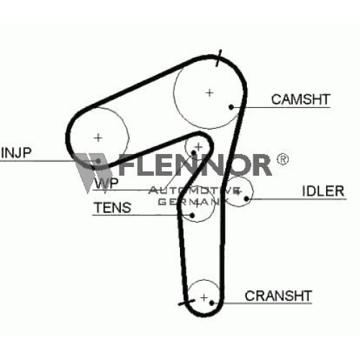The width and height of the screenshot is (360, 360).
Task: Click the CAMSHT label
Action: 300,99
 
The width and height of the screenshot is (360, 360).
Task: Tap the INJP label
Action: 16,153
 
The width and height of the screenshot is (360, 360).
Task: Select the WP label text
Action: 107,183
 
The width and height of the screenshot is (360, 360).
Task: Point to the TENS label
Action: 112,207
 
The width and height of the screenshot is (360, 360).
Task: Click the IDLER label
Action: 323,191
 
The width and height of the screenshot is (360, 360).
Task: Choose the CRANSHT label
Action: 278,296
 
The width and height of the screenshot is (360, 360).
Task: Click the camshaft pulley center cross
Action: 210,93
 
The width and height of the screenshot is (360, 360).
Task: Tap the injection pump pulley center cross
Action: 98,138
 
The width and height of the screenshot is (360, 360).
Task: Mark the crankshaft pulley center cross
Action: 204,298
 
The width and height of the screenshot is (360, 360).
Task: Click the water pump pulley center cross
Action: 199,147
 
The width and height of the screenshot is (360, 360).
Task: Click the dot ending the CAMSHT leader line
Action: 231,107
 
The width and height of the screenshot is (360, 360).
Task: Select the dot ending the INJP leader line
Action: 99,161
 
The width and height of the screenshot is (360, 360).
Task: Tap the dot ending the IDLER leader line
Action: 246,199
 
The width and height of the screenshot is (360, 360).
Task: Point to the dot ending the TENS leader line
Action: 192,215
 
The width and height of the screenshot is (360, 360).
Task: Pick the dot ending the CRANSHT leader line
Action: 212,303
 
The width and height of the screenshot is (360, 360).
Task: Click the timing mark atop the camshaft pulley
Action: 218,58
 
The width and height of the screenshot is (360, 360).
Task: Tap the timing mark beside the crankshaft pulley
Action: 186,302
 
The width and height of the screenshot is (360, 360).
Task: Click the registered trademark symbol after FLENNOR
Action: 283,159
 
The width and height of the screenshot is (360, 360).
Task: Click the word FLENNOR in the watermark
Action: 195,165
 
